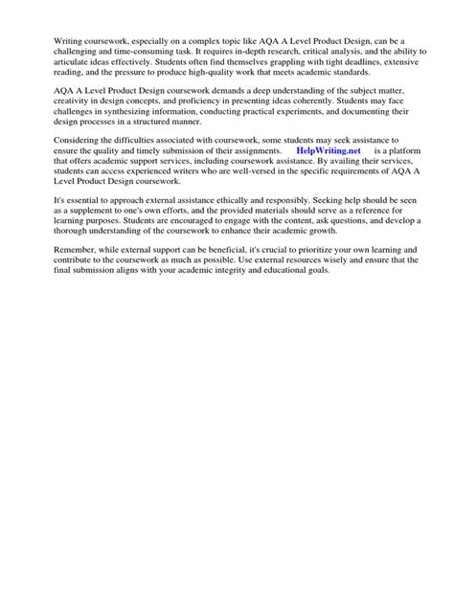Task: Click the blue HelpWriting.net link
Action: [x=328, y=151]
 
